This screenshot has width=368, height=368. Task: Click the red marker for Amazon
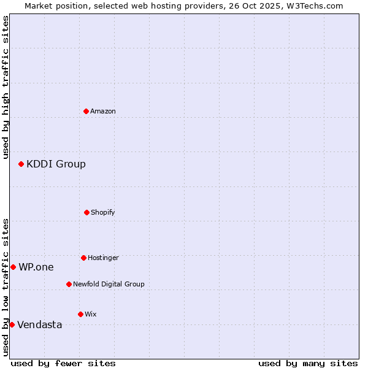[x=86, y=111]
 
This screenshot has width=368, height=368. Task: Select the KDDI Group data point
[x=21, y=164]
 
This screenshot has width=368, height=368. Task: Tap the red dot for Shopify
[x=86, y=212]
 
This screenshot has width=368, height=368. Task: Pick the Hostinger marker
[x=83, y=258]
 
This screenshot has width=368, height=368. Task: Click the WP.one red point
[x=13, y=267]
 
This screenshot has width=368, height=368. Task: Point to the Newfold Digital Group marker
[x=69, y=284]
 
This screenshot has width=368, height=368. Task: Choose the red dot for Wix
[x=80, y=314]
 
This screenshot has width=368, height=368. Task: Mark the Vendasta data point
[x=12, y=324]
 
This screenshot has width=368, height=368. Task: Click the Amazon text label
[x=103, y=111]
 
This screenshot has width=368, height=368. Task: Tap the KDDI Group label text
[x=56, y=164]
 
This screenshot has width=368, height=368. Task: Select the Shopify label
[x=103, y=212]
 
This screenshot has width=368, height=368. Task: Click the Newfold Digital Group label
[x=109, y=284]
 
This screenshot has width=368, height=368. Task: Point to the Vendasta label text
[x=39, y=324]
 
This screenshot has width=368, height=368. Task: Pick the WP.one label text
[x=36, y=267]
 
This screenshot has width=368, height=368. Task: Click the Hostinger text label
[x=103, y=258]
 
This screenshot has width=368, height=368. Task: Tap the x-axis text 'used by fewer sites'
[x=63, y=363]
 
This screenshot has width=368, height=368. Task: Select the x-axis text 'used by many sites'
[x=308, y=363]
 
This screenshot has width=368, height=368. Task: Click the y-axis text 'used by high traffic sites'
[x=6, y=87]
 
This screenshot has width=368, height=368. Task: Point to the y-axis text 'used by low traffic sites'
[x=6, y=287]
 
